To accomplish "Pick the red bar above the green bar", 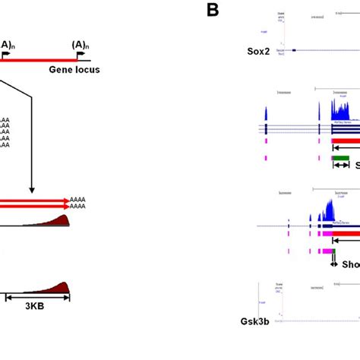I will point(346,141).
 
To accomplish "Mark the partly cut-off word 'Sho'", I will point(350,265).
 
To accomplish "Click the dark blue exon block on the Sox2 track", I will point(294,50).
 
